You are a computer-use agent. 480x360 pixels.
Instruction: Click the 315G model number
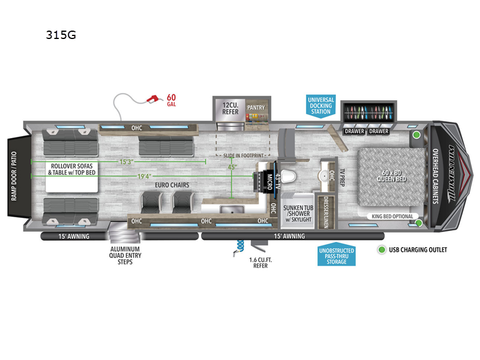pyautogui.click(x=61, y=35)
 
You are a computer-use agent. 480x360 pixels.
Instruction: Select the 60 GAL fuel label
pyautogui.click(x=172, y=99)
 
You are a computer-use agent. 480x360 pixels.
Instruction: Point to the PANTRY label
pyautogui.click(x=256, y=108)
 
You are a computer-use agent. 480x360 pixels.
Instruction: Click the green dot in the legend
pyautogui.click(x=382, y=249)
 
